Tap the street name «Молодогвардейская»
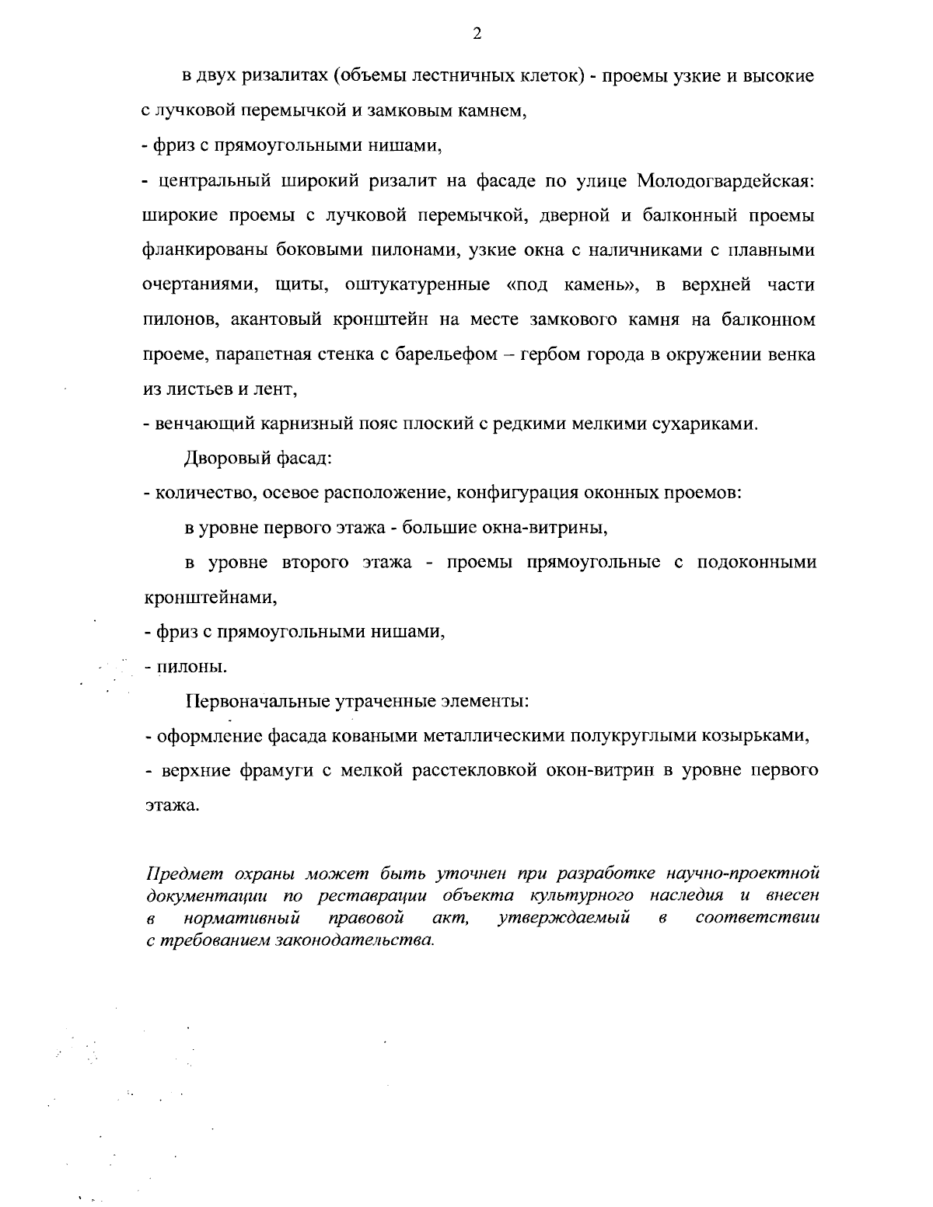pyautogui.click(x=725, y=181)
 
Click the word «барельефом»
pyautogui.click(x=449, y=354)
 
